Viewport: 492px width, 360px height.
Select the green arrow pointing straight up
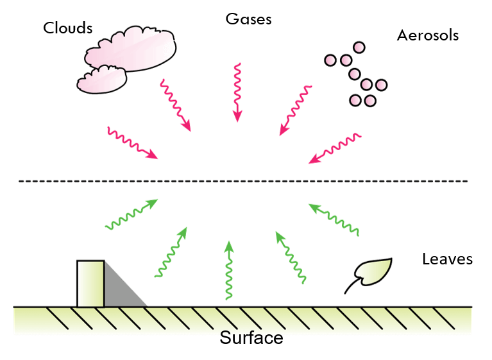tap(228, 270)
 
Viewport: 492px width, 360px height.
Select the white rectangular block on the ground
tap(90, 283)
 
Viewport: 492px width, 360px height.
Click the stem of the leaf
tap(350, 287)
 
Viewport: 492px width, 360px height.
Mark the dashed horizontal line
tap(244, 182)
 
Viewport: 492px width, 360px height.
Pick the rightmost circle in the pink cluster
tap(381, 84)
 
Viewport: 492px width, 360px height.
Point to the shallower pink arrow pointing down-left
tap(334, 148)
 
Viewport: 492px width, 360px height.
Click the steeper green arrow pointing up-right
tap(171, 252)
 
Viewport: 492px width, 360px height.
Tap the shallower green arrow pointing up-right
tap(131, 214)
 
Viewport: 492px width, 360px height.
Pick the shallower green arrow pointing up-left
tap(334, 219)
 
